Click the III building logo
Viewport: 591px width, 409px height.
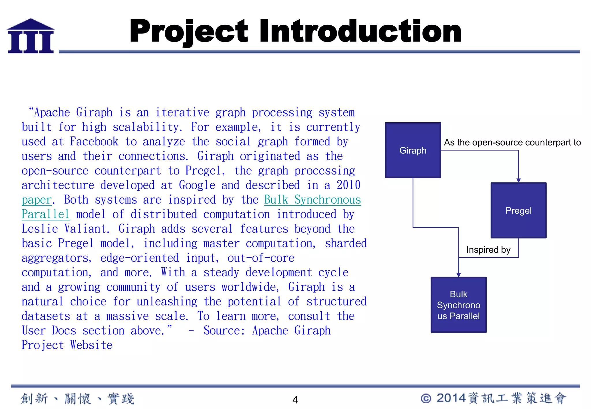31,36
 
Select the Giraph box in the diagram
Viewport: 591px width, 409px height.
413,150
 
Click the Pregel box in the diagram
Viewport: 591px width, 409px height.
518,210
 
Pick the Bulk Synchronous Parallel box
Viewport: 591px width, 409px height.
458,305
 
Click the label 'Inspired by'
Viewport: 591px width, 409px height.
488,249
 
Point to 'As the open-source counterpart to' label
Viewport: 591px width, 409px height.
512,142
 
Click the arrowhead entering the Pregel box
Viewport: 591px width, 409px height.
518,180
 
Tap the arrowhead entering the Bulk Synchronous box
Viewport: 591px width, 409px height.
459,275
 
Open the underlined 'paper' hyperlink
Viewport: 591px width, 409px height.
37,200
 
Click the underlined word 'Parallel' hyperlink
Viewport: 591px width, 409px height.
46,214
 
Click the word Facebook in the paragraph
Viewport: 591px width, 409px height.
94,142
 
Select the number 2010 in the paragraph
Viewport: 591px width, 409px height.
348,185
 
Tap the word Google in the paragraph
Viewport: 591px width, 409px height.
197,185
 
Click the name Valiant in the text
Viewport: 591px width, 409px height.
87,229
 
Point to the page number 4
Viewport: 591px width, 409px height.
295,399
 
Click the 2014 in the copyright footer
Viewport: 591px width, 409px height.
451,398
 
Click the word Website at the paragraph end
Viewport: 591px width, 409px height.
91,345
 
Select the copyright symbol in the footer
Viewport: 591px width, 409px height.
426,398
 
